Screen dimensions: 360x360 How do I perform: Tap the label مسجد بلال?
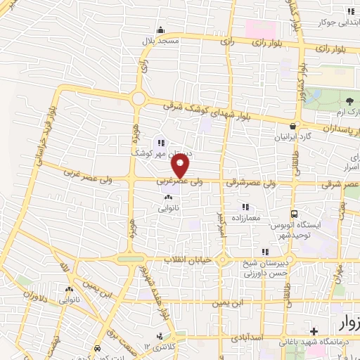160,41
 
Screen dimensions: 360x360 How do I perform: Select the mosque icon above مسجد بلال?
160,30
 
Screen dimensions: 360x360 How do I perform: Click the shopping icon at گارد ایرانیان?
302,126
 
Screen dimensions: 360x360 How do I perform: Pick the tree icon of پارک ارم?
349,102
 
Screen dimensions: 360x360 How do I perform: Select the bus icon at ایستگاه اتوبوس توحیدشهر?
294,214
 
